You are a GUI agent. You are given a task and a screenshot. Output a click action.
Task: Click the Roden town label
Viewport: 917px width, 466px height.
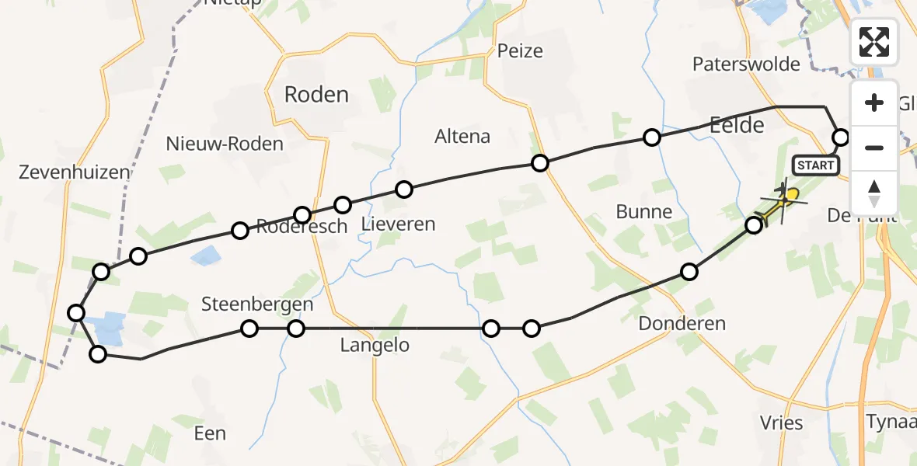click(316, 95)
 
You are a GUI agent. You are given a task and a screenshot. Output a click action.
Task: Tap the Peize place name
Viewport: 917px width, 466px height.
click(520, 51)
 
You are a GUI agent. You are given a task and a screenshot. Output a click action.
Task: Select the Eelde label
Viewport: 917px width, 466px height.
click(737, 125)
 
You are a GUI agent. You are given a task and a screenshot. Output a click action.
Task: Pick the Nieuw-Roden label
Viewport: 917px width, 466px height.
click(225, 144)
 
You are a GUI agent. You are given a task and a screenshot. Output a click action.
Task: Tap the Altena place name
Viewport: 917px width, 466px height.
click(462, 137)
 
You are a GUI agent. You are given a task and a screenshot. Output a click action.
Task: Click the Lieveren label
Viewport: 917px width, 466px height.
click(399, 224)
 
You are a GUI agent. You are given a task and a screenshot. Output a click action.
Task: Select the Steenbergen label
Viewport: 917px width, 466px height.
click(257, 304)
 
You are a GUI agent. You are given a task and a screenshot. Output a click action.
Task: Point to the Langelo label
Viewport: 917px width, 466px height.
click(375, 346)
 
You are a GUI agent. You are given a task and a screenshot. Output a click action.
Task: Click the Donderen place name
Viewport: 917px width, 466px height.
click(682, 323)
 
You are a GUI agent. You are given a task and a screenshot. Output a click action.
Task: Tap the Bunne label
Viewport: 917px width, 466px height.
click(643, 211)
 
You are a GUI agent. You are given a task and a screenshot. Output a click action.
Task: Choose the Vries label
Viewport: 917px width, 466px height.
click(781, 423)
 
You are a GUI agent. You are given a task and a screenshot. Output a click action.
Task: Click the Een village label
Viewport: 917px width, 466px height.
click(209, 433)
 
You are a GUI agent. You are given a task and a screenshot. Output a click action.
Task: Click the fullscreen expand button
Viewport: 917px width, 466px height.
click(874, 42)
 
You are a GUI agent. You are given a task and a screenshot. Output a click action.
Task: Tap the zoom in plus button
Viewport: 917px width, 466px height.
click(874, 103)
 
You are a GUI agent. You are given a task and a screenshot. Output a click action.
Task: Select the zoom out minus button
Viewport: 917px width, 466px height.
click(874, 148)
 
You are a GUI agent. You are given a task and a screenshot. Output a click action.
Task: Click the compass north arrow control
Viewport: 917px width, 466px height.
click(874, 193)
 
